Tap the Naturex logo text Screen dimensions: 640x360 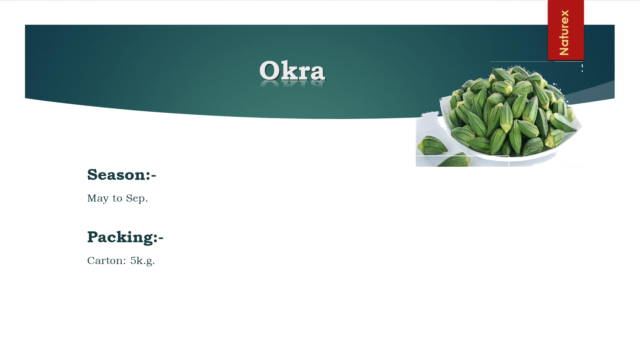click(564, 32)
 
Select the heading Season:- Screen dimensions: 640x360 click(122, 175)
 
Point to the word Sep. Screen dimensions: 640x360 click(137, 198)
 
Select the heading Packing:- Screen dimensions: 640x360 click(125, 237)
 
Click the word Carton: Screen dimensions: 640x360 click(107, 260)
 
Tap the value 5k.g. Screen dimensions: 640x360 click(142, 261)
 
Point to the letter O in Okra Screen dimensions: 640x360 click(270, 70)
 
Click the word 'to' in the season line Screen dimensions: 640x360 click(117, 199)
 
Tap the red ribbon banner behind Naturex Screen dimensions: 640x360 click(566, 30)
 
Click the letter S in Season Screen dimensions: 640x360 click(92, 175)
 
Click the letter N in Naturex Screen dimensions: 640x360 click(564, 51)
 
